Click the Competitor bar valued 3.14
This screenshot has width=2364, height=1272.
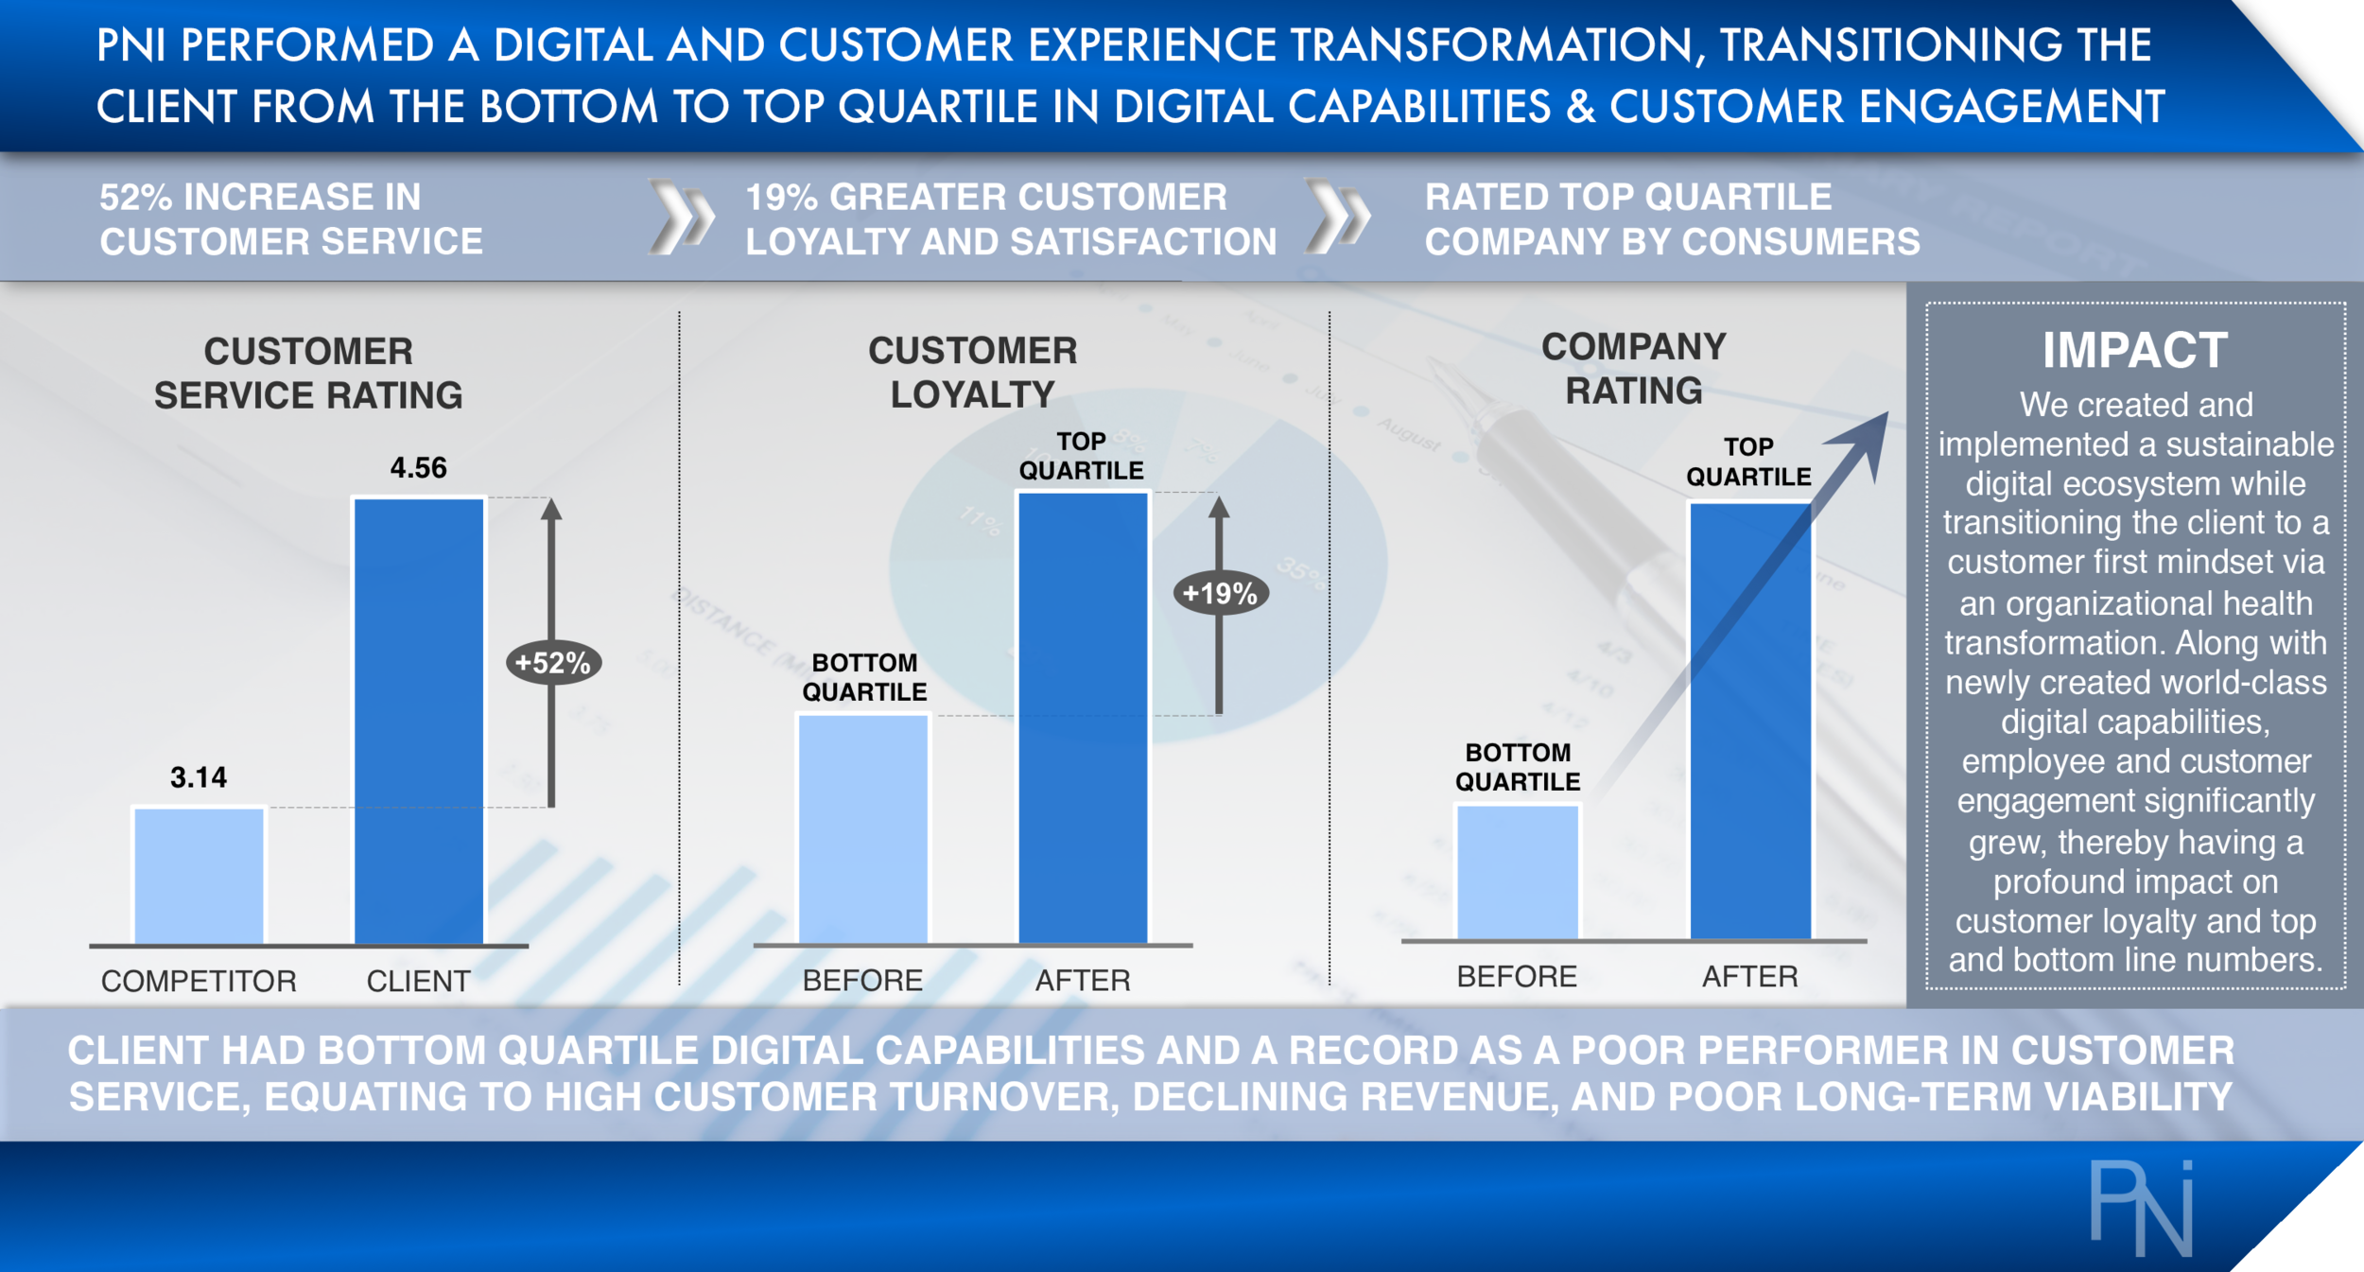[199, 875]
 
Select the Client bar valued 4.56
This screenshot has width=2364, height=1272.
[419, 720]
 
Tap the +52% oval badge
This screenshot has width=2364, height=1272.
[553, 663]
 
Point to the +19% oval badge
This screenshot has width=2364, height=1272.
[1220, 594]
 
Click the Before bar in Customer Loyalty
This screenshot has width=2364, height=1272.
[863, 828]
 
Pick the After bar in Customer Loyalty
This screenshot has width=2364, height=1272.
[1083, 717]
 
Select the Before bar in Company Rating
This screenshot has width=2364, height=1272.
[1518, 871]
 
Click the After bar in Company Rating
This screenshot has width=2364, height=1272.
[1750, 721]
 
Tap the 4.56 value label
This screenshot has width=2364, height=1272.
[419, 468]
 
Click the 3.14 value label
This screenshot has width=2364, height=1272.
[199, 777]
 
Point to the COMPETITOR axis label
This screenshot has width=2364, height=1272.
[199, 981]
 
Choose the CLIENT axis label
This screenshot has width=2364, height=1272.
[419, 981]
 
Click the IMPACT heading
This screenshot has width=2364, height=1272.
[2135, 351]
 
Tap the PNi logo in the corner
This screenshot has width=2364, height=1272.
[2141, 1208]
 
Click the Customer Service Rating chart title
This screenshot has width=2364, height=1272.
[308, 374]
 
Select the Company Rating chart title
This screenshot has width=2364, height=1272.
[1634, 369]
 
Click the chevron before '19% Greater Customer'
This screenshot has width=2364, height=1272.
[682, 218]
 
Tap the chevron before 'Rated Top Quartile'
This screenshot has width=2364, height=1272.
[1337, 218]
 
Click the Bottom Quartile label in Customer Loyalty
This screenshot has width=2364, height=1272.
[864, 677]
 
